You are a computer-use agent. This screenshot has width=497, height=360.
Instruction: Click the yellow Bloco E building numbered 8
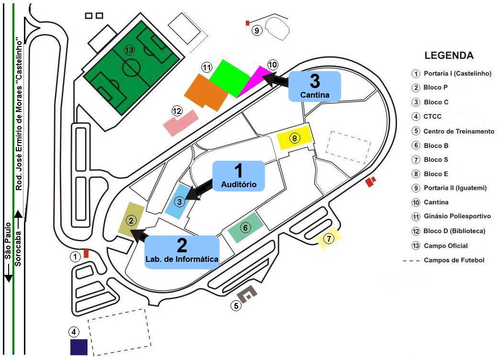(295, 138)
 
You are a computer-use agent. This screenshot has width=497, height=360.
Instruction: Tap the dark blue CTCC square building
(78, 347)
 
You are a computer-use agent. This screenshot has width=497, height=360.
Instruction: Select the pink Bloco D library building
(181, 123)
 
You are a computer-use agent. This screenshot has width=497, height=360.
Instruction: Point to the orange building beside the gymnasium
(206, 92)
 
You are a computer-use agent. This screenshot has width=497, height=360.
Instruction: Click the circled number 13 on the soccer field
(129, 50)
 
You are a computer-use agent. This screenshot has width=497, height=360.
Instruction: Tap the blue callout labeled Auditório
(238, 176)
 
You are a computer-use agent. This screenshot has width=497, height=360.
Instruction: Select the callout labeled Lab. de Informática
(182, 252)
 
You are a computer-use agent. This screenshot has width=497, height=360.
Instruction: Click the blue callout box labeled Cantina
(315, 87)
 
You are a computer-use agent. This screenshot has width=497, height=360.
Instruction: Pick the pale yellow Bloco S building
(329, 238)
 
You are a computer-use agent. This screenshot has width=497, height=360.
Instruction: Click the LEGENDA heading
(449, 56)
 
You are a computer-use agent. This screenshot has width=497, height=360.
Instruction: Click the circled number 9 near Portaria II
(257, 31)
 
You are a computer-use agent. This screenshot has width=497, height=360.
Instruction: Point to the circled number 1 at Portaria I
(75, 257)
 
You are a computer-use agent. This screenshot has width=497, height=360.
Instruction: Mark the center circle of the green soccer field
(131, 67)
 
